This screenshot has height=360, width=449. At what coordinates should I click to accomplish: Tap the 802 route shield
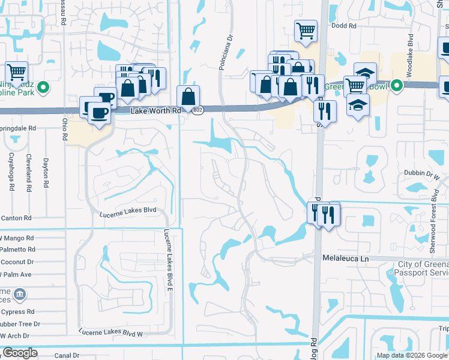(x=198, y=110)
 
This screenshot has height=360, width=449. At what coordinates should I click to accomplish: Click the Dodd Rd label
(x=344, y=26)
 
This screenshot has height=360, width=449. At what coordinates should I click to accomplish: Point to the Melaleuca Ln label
(x=345, y=257)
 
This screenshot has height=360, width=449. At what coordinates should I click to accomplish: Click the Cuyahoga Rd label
(x=10, y=172)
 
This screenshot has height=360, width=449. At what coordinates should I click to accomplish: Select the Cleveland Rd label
(x=28, y=173)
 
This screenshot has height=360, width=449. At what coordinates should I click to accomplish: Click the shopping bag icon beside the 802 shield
(x=188, y=96)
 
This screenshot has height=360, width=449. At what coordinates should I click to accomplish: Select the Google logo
(x=20, y=353)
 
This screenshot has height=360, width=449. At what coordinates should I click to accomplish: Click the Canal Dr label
(x=67, y=355)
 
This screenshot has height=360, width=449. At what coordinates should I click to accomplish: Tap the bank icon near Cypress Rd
(x=19, y=295)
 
